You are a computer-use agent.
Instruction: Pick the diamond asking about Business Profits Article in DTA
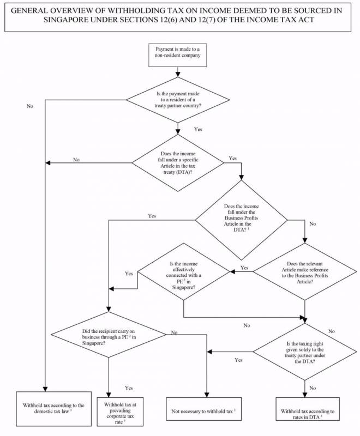click(242, 220)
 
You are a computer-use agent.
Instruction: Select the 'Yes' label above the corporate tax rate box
click(129, 388)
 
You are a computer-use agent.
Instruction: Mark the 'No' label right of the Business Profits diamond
click(312, 224)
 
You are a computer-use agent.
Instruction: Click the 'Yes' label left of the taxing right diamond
click(238, 360)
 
